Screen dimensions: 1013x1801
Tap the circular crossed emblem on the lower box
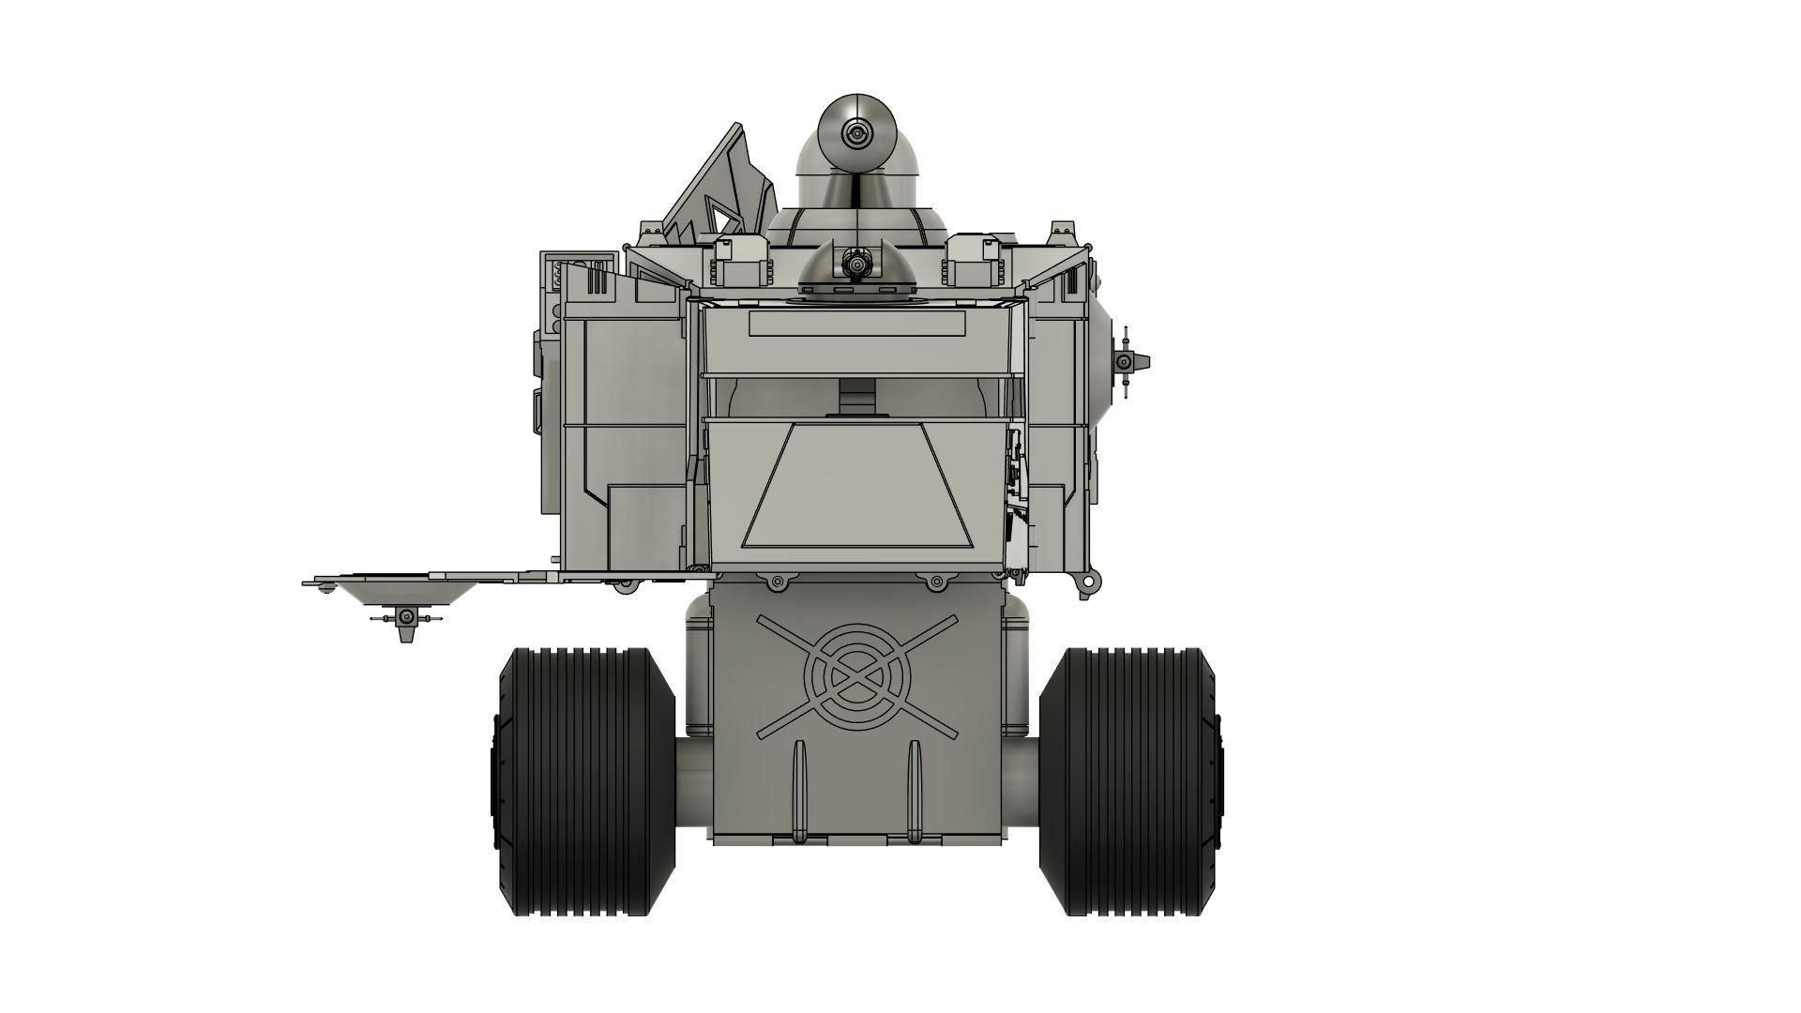(856, 675)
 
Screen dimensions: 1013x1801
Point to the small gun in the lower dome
(855, 264)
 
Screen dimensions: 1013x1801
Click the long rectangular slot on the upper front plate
(856, 325)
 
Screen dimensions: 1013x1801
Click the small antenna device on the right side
(1126, 361)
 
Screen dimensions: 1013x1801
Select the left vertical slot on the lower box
(799, 788)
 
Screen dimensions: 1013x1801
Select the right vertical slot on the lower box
(915, 788)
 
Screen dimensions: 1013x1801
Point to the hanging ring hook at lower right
(1087, 583)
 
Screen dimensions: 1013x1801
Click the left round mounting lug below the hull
(776, 582)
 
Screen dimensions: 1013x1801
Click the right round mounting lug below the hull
(934, 582)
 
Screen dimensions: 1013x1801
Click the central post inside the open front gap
(856, 397)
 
